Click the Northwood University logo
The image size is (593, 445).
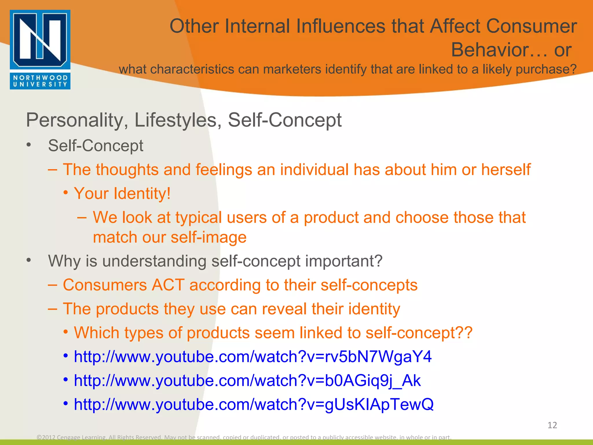pos(40,50)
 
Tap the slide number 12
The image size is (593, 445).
pos(552,425)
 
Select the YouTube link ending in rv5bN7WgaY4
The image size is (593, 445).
pos(252,357)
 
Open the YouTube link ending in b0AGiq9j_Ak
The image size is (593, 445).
pos(247,380)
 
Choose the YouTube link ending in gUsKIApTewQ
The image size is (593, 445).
pos(253,404)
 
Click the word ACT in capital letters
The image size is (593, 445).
pos(168,285)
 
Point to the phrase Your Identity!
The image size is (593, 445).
pos(122,194)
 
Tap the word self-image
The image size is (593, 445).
pos(208,237)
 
